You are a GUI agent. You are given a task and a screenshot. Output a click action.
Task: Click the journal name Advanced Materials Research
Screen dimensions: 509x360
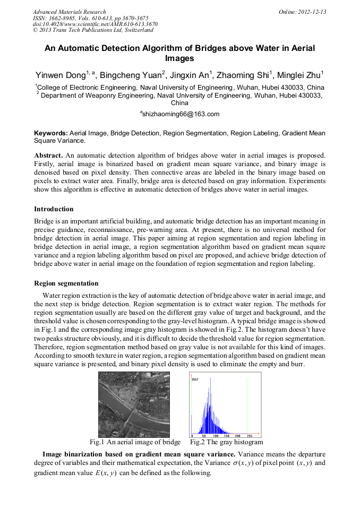69,12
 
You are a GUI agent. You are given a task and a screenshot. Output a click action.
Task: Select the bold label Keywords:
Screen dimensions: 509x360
51,133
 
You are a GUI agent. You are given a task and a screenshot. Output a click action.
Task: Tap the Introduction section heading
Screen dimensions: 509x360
54,209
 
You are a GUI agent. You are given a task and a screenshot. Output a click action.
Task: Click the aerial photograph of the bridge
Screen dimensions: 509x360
134,404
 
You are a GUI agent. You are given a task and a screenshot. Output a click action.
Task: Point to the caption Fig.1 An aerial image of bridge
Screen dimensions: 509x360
135,442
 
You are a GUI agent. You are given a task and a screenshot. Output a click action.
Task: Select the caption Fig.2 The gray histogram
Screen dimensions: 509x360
226,442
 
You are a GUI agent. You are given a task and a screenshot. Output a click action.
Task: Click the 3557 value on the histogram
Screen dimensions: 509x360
195,380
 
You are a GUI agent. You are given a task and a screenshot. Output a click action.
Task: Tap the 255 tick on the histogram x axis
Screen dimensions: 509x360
249,435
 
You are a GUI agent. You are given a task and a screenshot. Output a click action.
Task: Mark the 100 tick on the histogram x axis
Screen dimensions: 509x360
216,435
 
